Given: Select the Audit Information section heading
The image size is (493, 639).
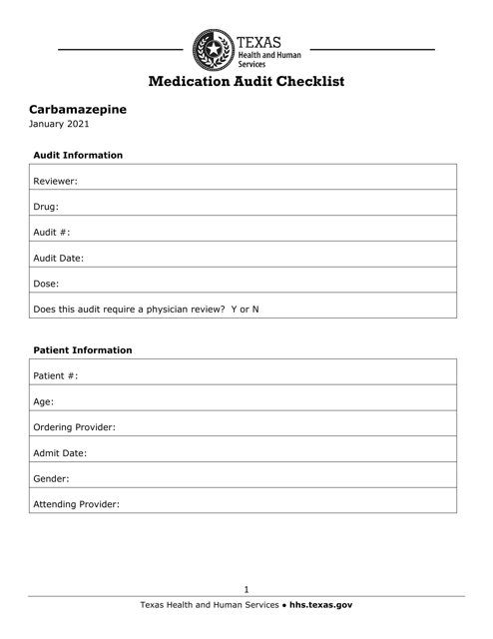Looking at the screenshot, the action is [78, 156].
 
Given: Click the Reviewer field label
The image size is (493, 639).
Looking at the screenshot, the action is [56, 182].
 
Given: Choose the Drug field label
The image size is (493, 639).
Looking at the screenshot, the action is [46, 207].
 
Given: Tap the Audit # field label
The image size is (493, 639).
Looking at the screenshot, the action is [51, 232].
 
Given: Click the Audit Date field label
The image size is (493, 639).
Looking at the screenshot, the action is [58, 257].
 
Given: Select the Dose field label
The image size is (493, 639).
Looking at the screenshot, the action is [47, 283].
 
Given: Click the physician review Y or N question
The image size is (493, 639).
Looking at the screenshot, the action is [147, 308].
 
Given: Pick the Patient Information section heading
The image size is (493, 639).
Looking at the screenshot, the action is [83, 350].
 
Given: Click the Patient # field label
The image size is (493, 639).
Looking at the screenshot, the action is [56, 376].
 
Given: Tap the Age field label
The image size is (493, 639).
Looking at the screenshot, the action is [44, 402].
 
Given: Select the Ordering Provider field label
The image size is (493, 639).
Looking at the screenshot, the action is [75, 427].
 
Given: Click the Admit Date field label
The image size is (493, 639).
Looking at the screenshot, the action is [60, 452].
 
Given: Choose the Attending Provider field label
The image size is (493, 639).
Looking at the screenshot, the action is [77, 504].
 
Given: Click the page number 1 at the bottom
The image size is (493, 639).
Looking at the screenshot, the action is [246, 589].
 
